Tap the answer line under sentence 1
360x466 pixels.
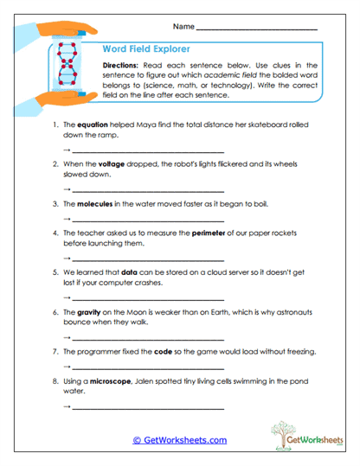[x=147, y=151]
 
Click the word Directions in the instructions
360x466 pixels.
[x=126, y=66]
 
